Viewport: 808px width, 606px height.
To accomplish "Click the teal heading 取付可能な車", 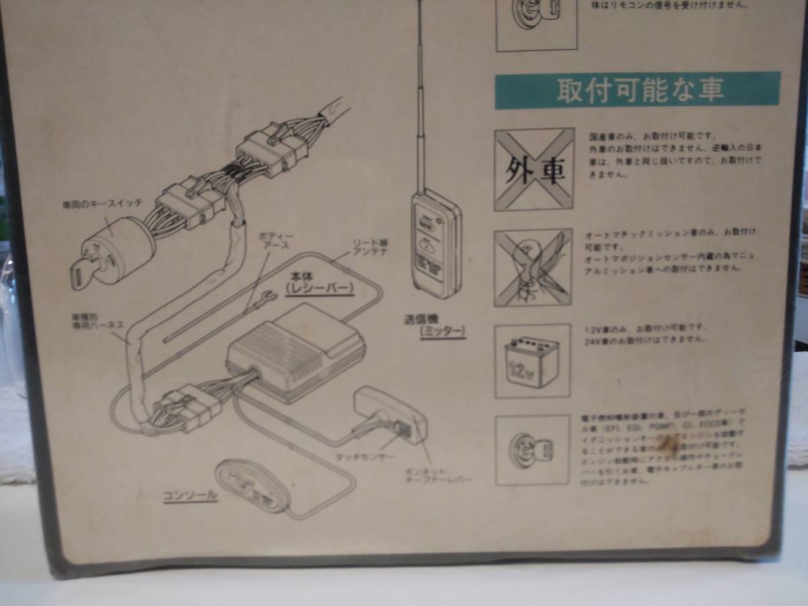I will point(638,91).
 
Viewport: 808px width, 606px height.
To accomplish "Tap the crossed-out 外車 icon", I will point(534,169).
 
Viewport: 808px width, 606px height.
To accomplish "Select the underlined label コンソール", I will point(191,495).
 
